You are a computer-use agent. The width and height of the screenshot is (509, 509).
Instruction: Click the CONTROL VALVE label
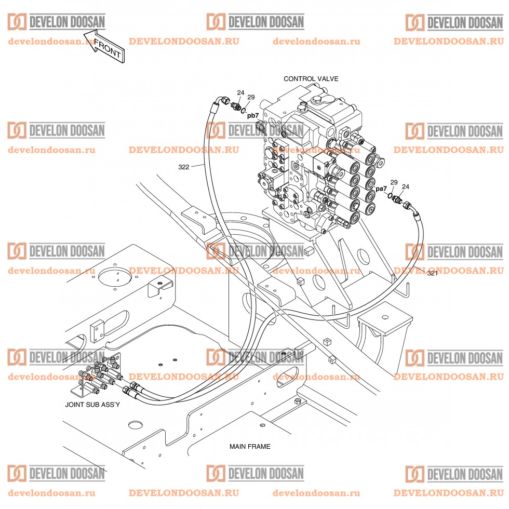[311, 79]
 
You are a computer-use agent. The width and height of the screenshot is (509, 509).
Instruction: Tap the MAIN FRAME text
[250, 446]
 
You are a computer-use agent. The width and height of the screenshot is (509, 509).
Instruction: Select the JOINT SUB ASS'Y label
[92, 404]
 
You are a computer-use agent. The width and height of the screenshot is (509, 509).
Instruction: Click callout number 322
[183, 167]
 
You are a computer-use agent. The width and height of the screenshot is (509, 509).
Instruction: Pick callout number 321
[432, 273]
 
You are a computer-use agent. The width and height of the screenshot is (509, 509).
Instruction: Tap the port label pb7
[252, 115]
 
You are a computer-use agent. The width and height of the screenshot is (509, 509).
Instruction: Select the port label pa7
[381, 189]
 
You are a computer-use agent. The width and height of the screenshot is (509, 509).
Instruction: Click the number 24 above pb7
[240, 93]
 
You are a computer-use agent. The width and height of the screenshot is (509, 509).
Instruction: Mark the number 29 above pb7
[251, 97]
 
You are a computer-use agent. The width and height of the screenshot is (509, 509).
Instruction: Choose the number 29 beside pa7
[394, 182]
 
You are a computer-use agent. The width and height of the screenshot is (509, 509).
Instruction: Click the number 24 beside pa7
[405, 186]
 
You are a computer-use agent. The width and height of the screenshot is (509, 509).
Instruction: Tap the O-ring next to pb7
[243, 111]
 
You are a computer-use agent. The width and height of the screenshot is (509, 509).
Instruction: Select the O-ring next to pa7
[391, 195]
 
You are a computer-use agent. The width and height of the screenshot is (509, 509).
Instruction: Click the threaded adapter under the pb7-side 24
[235, 108]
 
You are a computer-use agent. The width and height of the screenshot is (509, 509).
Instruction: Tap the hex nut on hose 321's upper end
[408, 206]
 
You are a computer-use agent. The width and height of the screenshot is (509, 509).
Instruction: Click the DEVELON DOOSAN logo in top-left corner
[56, 22]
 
